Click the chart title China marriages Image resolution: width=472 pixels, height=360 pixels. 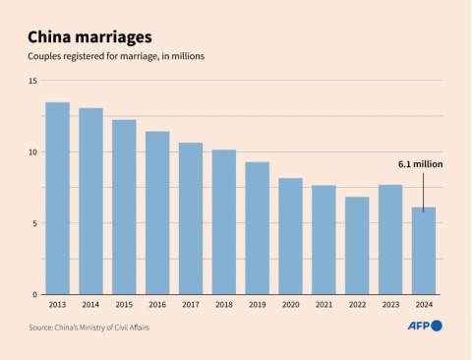(89, 37)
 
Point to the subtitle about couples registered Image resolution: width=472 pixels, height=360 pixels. (117, 59)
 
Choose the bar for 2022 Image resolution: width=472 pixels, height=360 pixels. (357, 246)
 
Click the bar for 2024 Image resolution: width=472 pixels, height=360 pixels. (424, 251)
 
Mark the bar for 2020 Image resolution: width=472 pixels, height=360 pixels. (290, 236)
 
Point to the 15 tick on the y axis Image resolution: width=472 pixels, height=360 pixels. (32, 81)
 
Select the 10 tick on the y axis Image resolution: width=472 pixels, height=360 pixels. (32, 152)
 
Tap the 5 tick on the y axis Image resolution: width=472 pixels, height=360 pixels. (34, 223)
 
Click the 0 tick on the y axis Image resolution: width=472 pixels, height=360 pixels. (34, 294)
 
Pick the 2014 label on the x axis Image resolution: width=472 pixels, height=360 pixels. (90, 306)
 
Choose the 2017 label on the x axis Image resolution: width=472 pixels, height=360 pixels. (191, 306)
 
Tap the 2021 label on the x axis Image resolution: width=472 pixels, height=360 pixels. (324, 306)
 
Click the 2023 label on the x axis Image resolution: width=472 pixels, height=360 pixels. (390, 306)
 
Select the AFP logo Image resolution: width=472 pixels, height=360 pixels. (424, 326)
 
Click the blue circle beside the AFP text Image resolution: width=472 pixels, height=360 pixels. (437, 326)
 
